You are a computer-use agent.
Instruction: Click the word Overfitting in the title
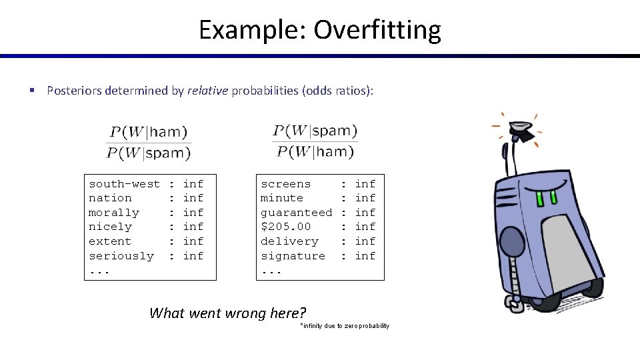click(377, 30)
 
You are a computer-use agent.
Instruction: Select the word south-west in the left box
click(124, 183)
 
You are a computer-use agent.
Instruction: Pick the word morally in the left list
click(114, 213)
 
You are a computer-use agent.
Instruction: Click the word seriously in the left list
click(121, 256)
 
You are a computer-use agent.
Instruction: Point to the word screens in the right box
click(285, 183)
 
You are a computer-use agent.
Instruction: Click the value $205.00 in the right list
click(285, 227)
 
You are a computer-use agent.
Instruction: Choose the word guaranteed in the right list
click(296, 213)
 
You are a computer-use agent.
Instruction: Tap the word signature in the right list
click(293, 256)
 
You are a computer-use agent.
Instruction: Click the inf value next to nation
click(193, 198)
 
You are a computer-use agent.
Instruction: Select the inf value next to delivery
click(365, 241)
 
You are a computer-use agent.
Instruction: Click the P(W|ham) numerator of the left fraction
click(149, 132)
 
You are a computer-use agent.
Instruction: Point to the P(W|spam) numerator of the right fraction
click(315, 130)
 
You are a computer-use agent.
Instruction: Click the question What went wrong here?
click(227, 313)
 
